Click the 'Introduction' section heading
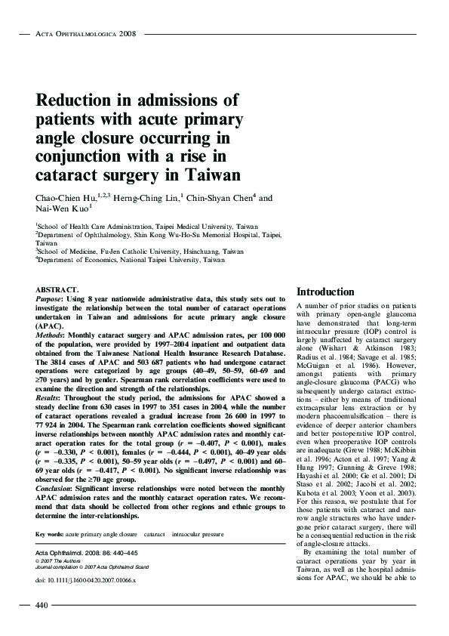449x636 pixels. tap(325, 292)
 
